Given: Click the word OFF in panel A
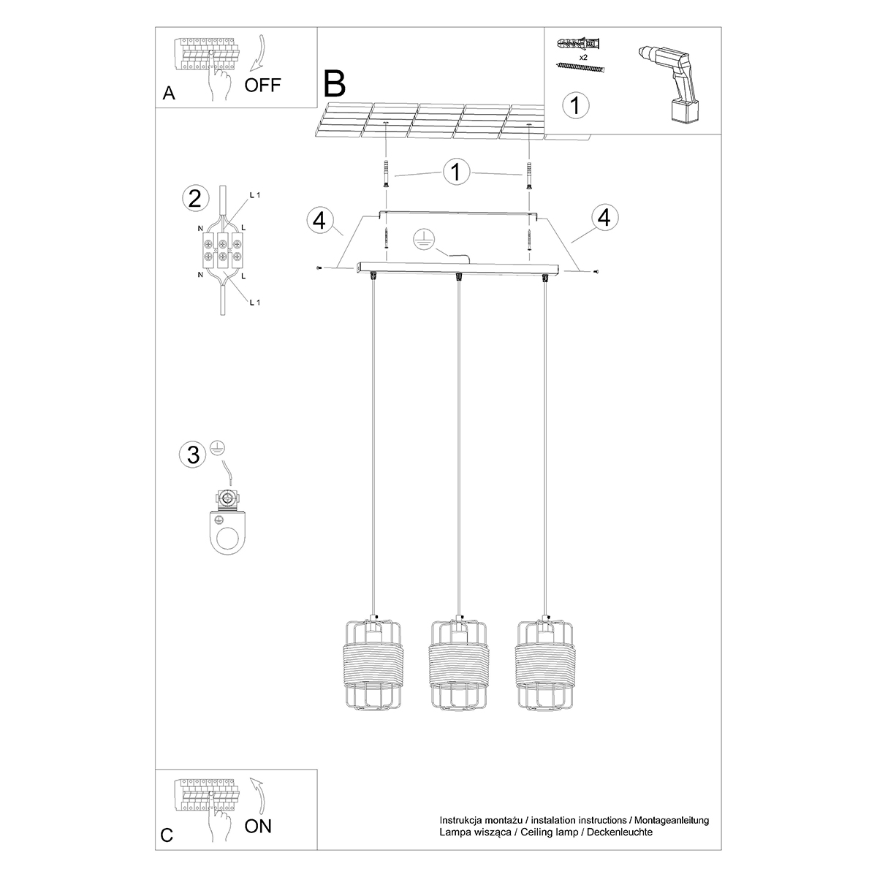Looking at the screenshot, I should coord(262,85).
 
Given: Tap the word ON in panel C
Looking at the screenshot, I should coord(258,827).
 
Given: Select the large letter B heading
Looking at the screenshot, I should coord(334,84).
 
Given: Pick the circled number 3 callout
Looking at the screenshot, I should coord(193,455).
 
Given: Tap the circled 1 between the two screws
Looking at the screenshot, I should coord(457,173).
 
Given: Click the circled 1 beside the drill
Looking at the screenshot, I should coord(575,105).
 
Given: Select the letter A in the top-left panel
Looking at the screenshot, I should coord(169,94).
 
